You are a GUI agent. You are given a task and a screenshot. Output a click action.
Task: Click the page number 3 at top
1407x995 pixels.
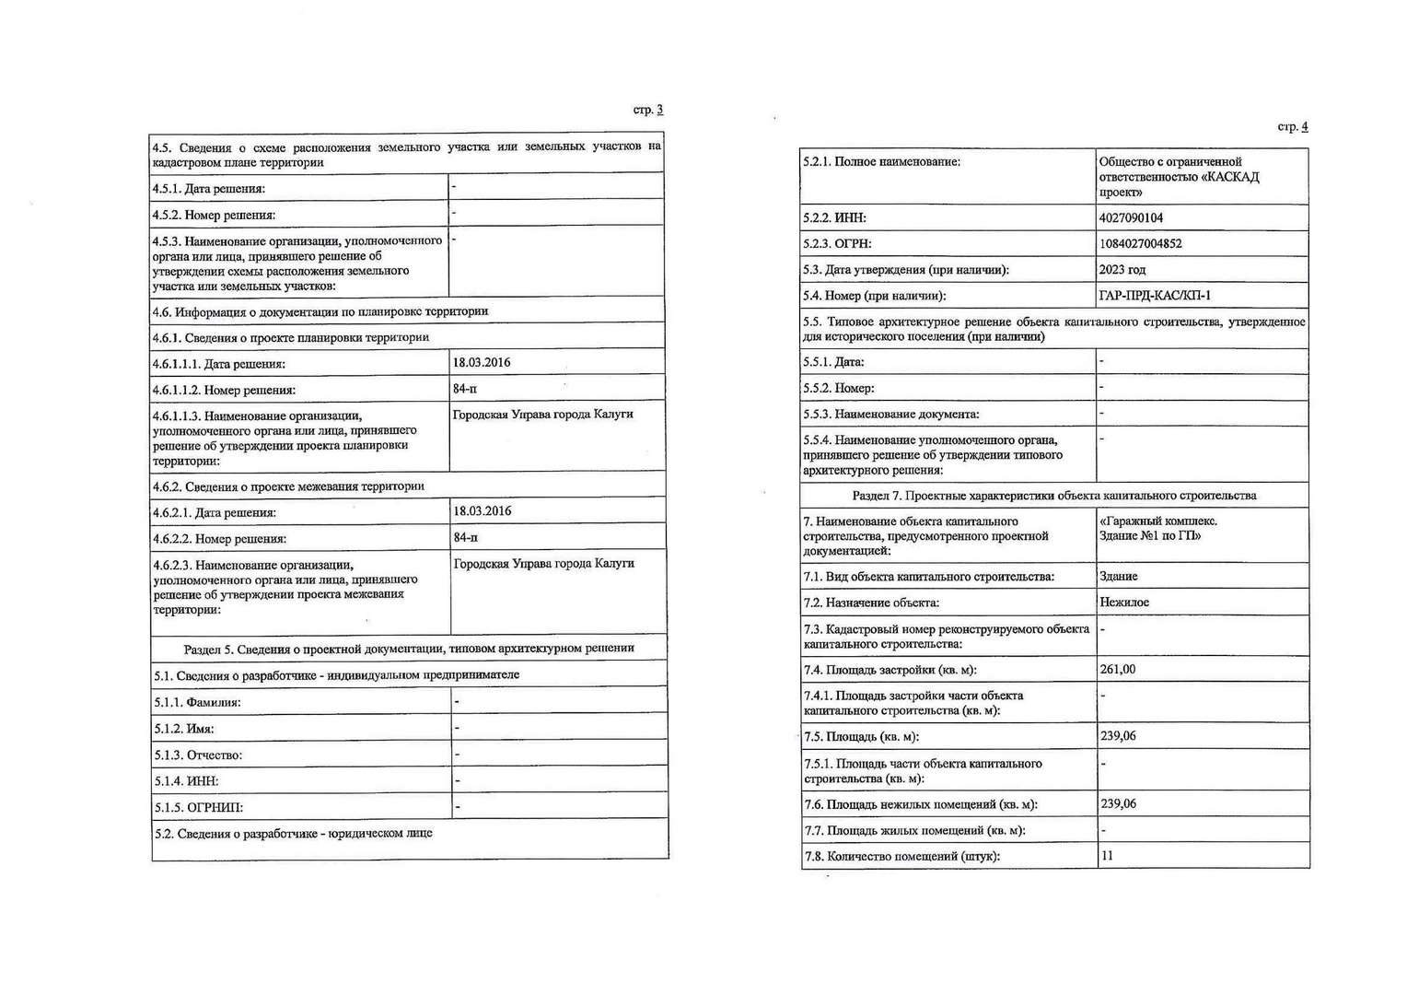(x=659, y=110)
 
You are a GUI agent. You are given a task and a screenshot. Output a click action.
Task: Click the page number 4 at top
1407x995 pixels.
(x=1304, y=127)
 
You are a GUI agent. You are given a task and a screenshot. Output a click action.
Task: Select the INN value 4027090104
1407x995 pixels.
(x=1131, y=218)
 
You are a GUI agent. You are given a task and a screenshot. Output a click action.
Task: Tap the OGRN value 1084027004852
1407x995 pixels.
(x=1140, y=244)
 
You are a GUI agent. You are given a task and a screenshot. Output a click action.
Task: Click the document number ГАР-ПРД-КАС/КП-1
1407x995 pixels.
(x=1155, y=296)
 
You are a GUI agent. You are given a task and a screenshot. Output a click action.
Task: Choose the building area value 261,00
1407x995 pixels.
(x=1117, y=670)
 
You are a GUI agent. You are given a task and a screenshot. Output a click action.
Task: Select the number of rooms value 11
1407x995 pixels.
(x=1107, y=856)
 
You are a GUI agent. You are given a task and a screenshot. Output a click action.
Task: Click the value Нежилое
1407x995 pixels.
(x=1124, y=603)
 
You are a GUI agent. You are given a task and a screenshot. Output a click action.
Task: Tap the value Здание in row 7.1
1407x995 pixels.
(x=1119, y=577)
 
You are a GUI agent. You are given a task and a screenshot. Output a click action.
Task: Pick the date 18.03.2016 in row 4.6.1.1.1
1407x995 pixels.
(x=482, y=362)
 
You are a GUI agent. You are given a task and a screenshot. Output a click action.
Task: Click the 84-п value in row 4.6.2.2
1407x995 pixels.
(x=466, y=537)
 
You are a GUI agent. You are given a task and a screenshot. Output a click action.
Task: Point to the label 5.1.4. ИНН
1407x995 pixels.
(x=186, y=781)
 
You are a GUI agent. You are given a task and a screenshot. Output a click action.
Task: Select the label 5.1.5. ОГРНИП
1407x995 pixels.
(x=199, y=808)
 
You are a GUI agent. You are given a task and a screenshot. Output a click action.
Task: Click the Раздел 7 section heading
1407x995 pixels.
(x=1054, y=496)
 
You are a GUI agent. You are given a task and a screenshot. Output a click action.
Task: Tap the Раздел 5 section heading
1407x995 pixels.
(x=409, y=648)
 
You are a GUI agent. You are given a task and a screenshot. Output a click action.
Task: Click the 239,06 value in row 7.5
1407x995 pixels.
(x=1118, y=736)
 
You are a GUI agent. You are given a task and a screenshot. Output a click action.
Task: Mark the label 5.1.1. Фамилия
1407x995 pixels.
(x=198, y=703)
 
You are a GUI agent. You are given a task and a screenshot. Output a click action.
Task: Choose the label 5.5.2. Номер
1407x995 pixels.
(x=839, y=389)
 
